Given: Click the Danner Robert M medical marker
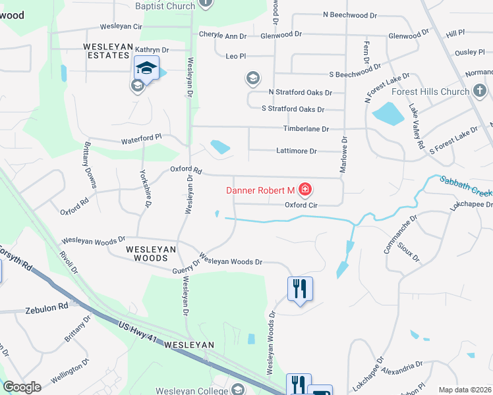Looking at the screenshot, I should click(x=304, y=191).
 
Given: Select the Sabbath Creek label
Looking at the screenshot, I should click(x=465, y=188).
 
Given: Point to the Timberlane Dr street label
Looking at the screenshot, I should click(x=306, y=129).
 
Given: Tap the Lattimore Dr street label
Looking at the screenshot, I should click(x=295, y=151).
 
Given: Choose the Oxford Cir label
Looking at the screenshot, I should click(x=301, y=205).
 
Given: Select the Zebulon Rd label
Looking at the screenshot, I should click(x=47, y=307).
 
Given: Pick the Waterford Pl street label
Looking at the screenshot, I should click(x=141, y=140).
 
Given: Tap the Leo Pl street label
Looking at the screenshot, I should click(x=235, y=57).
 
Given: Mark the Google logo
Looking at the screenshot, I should click(x=22, y=387).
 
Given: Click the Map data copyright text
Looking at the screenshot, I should click(x=465, y=390).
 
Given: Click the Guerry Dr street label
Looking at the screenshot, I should click(x=186, y=265).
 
